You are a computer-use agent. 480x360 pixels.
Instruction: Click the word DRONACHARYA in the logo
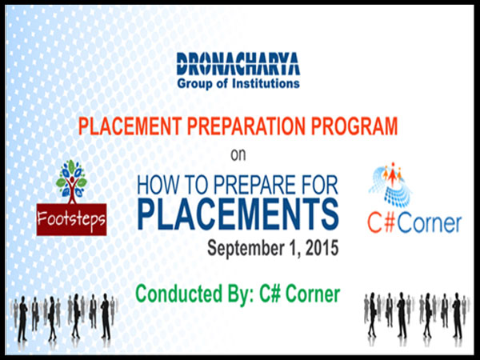(238, 64)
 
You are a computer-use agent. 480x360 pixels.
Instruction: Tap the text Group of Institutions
(238, 83)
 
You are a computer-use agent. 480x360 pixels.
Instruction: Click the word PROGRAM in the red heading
(354, 126)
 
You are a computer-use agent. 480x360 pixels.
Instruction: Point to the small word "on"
(238, 155)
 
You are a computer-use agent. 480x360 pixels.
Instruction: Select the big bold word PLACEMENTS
(238, 214)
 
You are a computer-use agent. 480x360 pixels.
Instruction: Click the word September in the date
(244, 249)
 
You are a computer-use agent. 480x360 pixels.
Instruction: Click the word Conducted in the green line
(178, 294)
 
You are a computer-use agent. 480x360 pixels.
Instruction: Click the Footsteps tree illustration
(72, 182)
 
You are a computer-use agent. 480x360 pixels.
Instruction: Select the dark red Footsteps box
(72, 219)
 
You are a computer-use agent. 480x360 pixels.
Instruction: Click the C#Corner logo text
(414, 223)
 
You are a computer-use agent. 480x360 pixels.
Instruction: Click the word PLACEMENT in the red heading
(130, 126)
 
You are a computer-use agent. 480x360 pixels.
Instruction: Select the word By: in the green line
(241, 294)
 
